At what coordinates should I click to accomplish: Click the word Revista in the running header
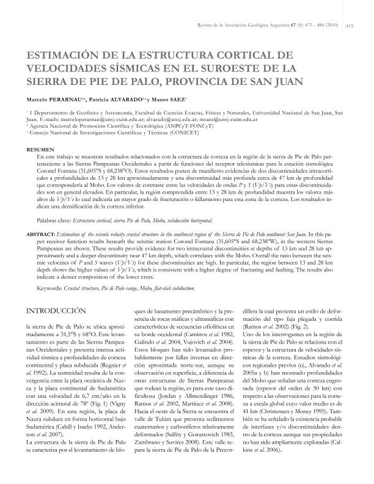point(204,26)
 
